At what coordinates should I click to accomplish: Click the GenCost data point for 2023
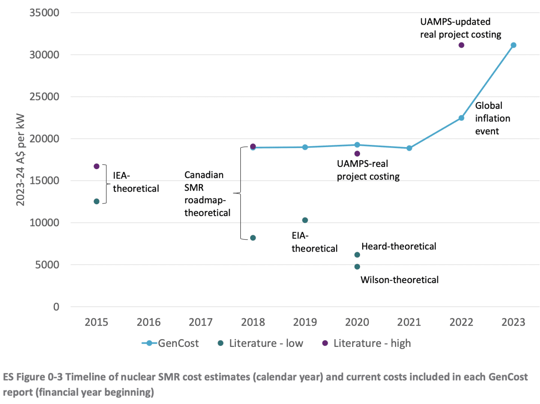pyautogui.click(x=513, y=45)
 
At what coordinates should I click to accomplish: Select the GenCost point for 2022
pyautogui.click(x=461, y=118)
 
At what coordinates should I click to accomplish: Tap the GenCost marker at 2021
pyautogui.click(x=409, y=148)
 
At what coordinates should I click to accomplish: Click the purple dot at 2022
pyautogui.click(x=461, y=45)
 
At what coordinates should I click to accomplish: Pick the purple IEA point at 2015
pyautogui.click(x=97, y=166)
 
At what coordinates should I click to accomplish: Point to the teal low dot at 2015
pyautogui.click(x=97, y=202)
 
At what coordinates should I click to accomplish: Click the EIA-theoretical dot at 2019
pyautogui.click(x=305, y=220)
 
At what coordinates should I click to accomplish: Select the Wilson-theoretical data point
pyautogui.click(x=357, y=267)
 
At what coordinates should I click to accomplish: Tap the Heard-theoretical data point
pyautogui.click(x=357, y=255)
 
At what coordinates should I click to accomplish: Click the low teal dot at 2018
pyautogui.click(x=253, y=238)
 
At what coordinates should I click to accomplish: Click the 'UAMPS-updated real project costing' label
pyautogui.click(x=460, y=28)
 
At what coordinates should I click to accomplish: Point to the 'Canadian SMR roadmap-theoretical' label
pyautogui.click(x=207, y=193)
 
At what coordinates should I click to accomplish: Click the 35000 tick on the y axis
pyautogui.click(x=44, y=13)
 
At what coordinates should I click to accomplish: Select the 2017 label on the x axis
pyautogui.click(x=201, y=323)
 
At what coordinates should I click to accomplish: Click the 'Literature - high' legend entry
pyautogui.click(x=367, y=344)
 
